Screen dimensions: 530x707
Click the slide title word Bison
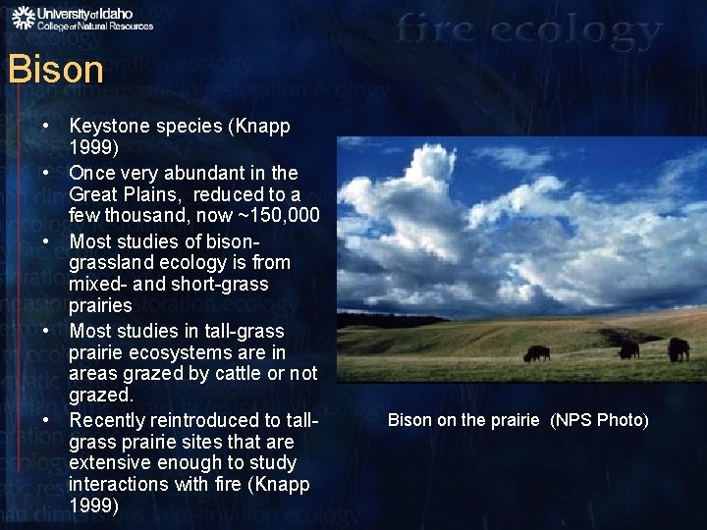(x=55, y=70)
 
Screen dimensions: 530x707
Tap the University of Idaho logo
(x=82, y=19)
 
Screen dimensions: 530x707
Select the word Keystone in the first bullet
(x=108, y=127)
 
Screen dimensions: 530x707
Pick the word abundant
(x=202, y=173)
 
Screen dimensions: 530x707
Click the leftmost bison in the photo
(x=536, y=354)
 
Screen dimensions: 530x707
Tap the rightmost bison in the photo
(x=678, y=348)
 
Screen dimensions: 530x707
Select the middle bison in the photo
(x=628, y=349)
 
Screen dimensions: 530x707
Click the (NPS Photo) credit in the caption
(x=599, y=420)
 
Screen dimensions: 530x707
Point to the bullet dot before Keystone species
(x=46, y=128)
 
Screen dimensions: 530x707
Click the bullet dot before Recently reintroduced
(x=46, y=420)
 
